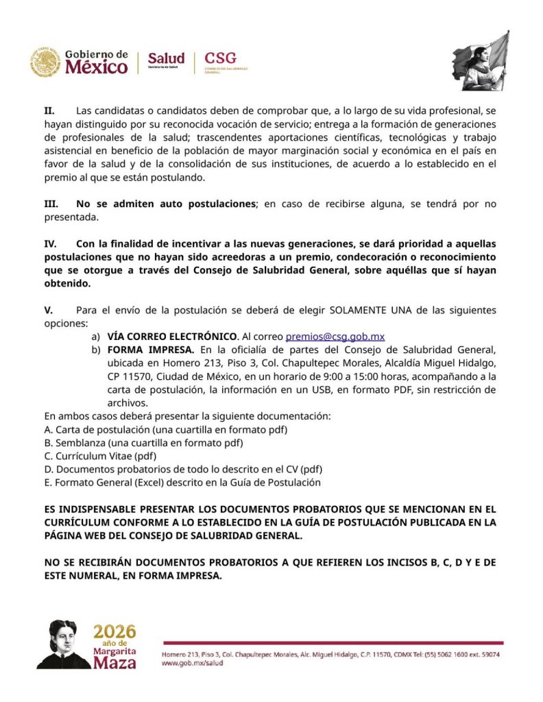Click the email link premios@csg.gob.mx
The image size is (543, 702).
point(335,337)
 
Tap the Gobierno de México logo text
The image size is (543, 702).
point(96,62)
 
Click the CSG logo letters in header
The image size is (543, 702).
point(219,58)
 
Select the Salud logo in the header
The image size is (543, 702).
point(166,60)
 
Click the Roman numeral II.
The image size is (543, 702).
point(49,110)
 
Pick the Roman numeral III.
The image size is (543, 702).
point(51,204)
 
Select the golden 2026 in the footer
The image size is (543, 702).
point(114,631)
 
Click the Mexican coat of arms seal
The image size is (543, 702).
point(45,62)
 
